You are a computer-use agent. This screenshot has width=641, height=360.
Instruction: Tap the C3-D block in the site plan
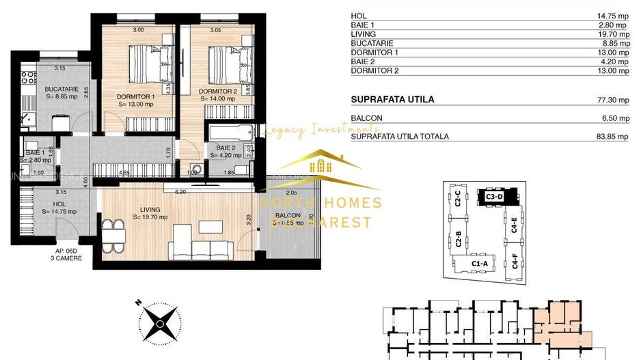(494, 196)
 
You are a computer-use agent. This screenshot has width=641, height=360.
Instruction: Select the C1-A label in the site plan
(479, 264)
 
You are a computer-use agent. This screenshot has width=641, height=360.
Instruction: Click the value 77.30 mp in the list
(613, 100)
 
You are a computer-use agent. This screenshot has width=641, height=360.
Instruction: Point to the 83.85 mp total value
(613, 137)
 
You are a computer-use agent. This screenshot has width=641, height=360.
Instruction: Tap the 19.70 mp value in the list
(613, 33)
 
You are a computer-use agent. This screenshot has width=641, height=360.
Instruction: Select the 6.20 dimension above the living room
(180, 192)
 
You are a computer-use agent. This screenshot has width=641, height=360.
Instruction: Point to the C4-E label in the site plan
(513, 223)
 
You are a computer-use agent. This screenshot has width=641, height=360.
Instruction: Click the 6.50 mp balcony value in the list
(614, 118)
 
